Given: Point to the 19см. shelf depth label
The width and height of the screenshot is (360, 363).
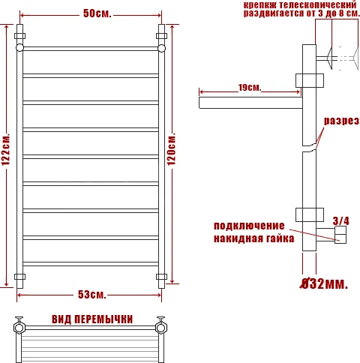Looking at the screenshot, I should point(249,88).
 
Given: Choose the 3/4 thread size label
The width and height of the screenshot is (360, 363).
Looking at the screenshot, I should point(340,220).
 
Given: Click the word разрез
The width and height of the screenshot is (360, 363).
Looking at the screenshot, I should point(341,121).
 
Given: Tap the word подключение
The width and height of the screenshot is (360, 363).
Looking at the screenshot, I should point(249,226).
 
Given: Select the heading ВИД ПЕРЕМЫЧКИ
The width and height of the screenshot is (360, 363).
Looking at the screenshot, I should point(92,319).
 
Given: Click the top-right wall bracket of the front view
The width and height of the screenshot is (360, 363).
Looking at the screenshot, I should point(161,35).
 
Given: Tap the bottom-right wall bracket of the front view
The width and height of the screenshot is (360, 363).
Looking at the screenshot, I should point(161,277).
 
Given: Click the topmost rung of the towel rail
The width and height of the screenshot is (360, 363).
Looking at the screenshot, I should point(90,49).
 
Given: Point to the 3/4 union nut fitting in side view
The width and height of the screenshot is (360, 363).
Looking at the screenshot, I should point(340,237).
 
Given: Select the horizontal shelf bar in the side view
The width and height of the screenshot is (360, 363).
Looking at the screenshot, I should point(249,97).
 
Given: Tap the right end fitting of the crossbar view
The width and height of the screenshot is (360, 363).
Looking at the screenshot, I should point(160,327).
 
